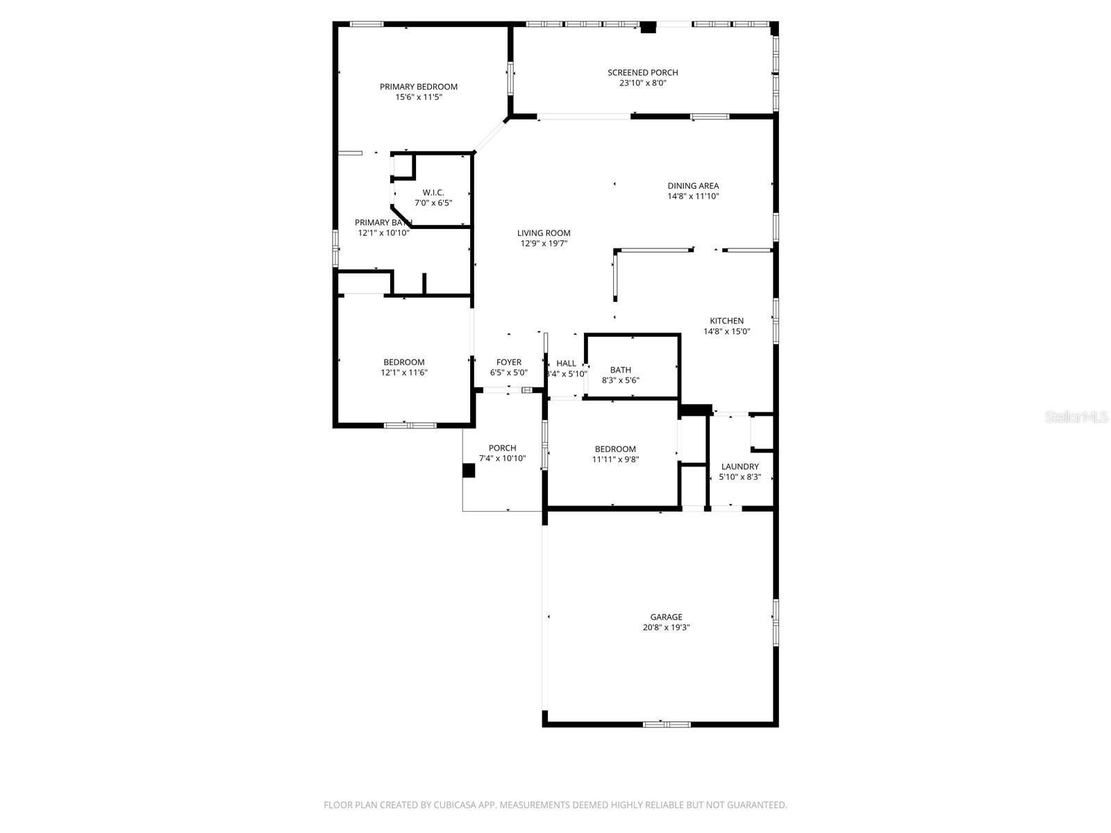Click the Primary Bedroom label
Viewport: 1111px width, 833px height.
pos(418,87)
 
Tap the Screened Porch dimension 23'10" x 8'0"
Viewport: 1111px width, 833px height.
pos(642,83)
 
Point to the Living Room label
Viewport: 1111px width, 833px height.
pos(544,233)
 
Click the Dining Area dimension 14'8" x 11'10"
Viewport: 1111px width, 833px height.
pos(693,196)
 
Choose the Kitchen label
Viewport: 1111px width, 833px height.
pos(726,321)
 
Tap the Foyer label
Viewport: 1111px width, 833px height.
pos(508,362)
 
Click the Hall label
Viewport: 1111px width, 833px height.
pos(566,363)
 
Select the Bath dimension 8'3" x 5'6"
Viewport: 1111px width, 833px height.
pos(620,380)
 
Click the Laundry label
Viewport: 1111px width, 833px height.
pos(740,466)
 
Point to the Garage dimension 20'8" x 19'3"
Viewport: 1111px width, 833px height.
pos(666,628)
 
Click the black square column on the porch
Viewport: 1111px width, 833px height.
pos(469,471)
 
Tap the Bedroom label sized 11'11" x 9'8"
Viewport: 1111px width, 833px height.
pos(615,449)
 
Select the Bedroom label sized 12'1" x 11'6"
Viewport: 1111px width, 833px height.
pos(403,362)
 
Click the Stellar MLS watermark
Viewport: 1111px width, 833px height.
pos(1076,417)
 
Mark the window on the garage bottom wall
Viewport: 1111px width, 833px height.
pos(667,725)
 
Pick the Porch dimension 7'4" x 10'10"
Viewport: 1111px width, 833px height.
pos(502,459)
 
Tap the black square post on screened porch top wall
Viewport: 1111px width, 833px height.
pos(648,28)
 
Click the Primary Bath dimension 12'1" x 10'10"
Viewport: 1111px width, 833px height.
pos(383,233)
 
